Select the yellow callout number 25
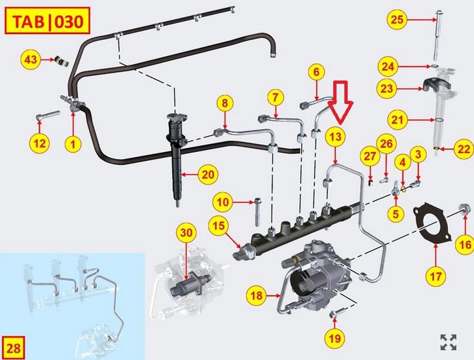tap(397, 19)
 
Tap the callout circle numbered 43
tap(31, 60)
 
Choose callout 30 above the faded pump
tap(186, 232)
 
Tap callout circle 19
tap(335, 338)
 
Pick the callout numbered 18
tap(257, 297)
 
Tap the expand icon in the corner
tap(448, 341)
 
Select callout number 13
tap(335, 136)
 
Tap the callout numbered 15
tap(219, 226)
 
